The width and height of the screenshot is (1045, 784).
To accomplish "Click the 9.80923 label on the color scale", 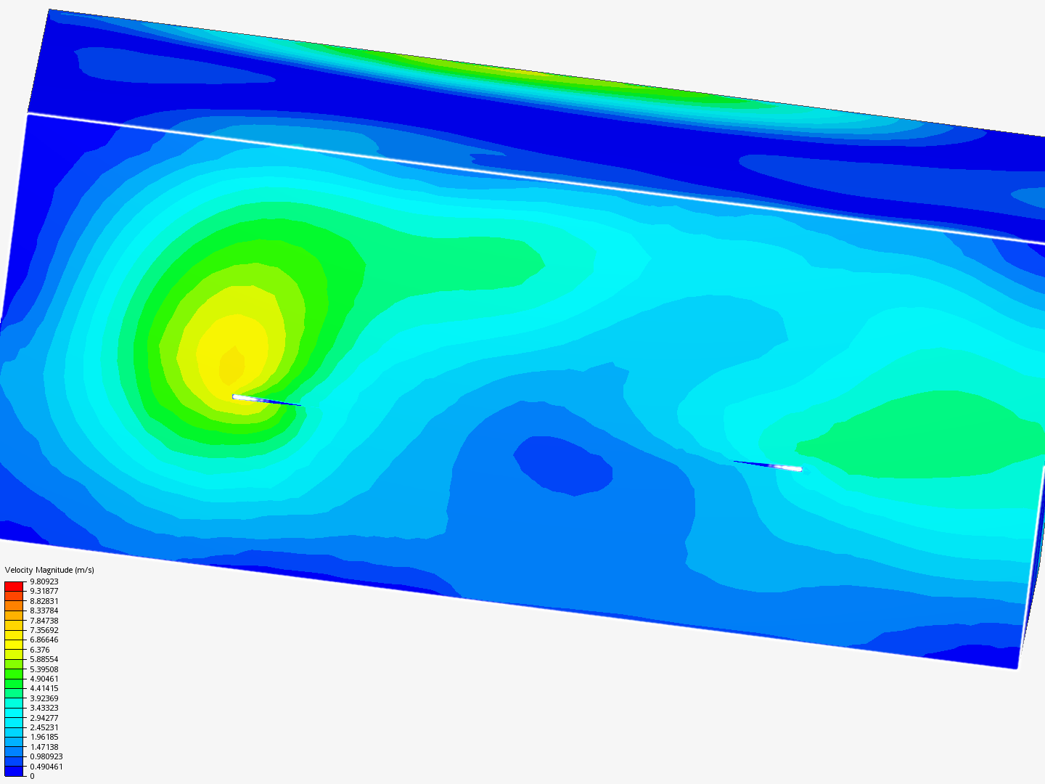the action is coord(44,581).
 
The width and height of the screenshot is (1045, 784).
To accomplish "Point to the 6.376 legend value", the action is coord(39,650).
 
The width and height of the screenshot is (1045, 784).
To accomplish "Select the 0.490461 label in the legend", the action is coord(46,767).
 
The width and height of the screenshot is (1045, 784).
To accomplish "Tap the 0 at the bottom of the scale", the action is coord(32,776).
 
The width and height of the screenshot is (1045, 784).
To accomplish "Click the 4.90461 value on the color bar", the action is coord(44,679).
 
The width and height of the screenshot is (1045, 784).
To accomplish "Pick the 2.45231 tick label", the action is coord(44,727).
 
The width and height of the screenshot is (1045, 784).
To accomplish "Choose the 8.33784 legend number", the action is coord(44,611).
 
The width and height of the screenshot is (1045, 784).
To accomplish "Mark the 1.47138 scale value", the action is coord(44,747).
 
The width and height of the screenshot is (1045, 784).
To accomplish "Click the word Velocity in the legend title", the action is coord(19,571).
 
